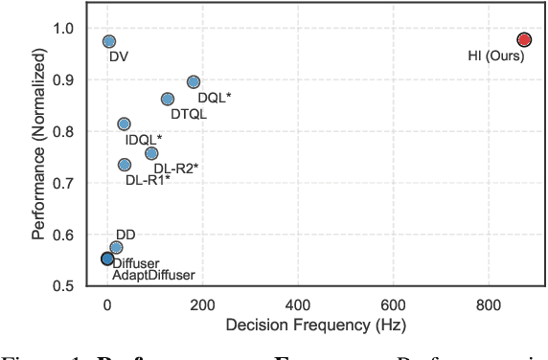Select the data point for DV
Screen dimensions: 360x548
tap(109, 41)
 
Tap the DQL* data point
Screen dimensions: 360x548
tap(194, 82)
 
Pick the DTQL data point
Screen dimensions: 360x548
tap(168, 99)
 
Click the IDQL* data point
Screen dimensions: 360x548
tap(124, 124)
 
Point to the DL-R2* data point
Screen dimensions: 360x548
tap(151, 153)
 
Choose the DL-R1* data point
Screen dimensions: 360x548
tap(125, 165)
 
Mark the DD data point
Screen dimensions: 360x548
tap(116, 247)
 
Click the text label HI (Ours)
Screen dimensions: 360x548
tap(493, 56)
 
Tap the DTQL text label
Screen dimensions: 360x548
tap(189, 114)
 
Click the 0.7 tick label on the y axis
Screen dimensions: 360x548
tap(74, 183)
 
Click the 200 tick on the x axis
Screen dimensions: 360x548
tap(202, 304)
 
